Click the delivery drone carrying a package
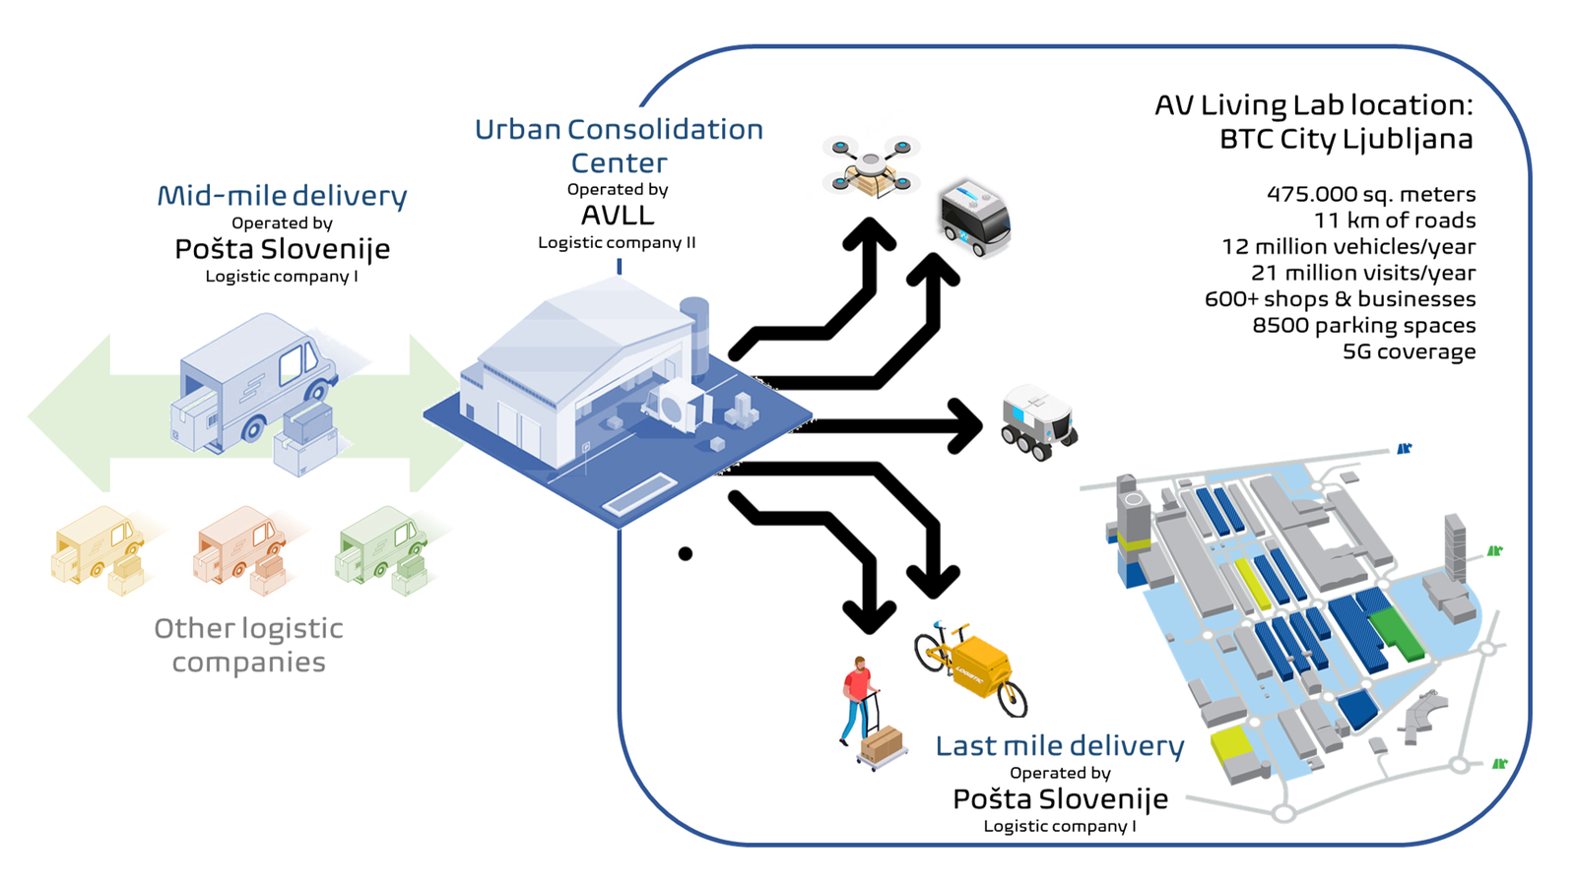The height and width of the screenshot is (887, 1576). (871, 165)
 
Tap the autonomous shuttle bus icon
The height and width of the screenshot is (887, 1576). (975, 218)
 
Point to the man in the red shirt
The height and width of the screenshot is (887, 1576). (858, 701)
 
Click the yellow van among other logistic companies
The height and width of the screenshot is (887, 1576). (98, 549)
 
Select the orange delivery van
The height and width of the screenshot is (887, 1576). (240, 549)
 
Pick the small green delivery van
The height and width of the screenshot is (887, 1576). (382, 549)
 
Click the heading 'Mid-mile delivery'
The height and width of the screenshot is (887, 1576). (282, 196)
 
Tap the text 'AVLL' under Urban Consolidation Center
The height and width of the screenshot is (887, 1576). (618, 216)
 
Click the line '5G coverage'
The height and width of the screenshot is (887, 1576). (1409, 351)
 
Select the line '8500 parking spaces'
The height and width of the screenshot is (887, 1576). (1363, 325)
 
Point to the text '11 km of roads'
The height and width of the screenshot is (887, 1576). (1395, 221)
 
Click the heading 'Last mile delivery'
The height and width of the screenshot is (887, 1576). (1060, 745)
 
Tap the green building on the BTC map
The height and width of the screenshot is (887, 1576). (1397, 634)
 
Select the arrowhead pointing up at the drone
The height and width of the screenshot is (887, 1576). (871, 234)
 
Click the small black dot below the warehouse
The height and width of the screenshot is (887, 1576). (686, 553)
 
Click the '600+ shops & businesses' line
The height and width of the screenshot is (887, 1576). (1341, 299)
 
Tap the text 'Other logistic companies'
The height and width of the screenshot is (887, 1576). (249, 645)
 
